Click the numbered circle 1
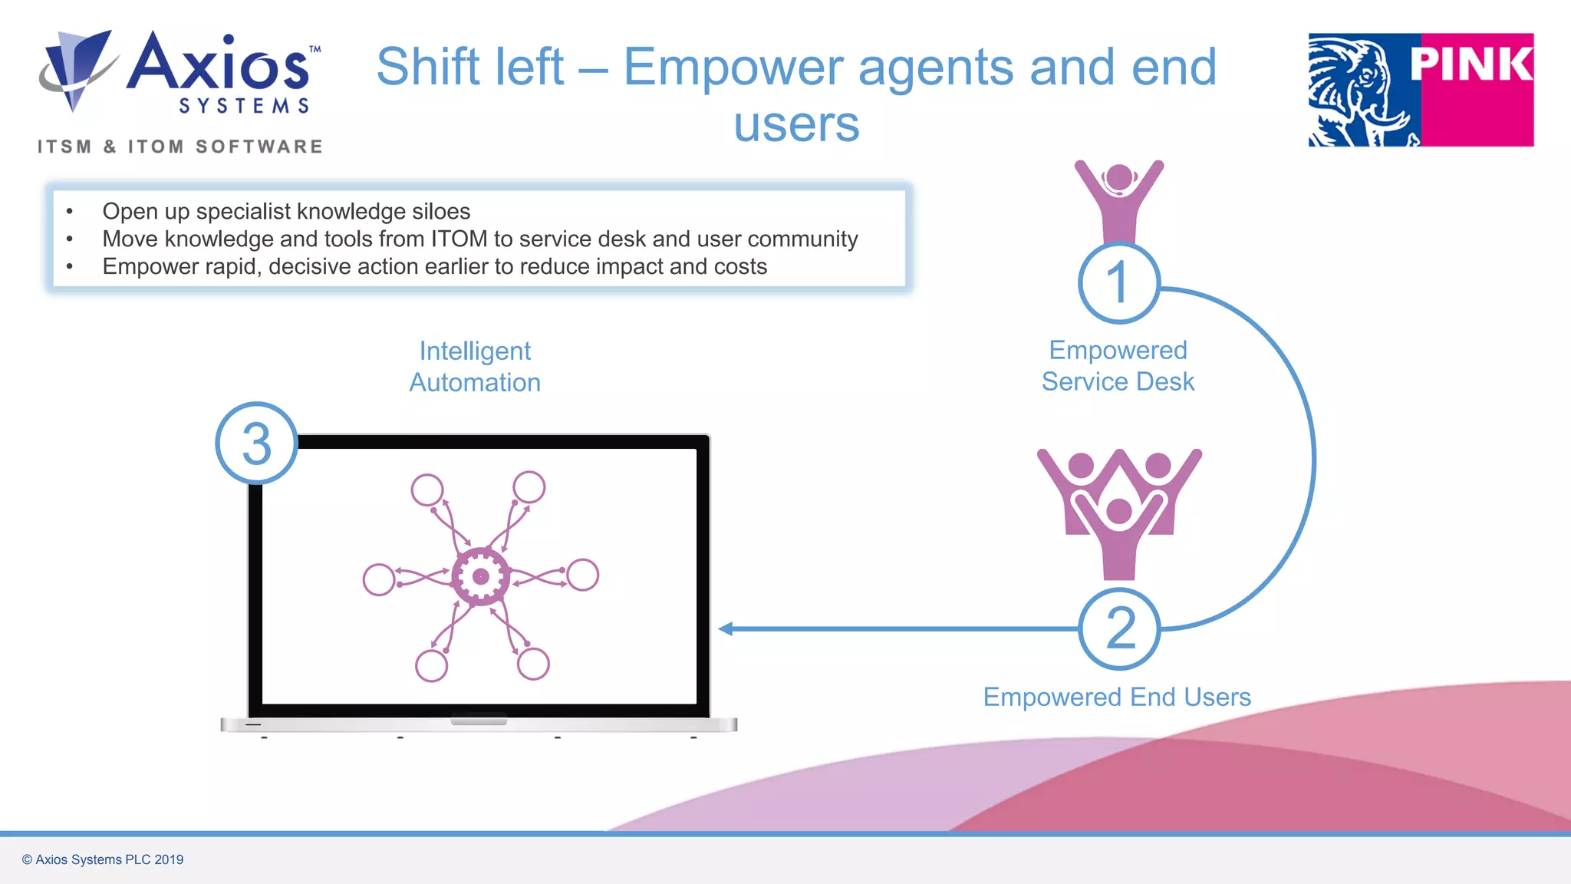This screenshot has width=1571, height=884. click(x=1118, y=282)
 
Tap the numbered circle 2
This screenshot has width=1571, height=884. click(x=1119, y=628)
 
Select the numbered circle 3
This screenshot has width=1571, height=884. click(x=256, y=444)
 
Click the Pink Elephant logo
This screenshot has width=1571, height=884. click(x=1421, y=90)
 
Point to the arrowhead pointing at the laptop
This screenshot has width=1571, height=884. click(x=726, y=628)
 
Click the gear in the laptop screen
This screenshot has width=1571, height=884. click(x=481, y=577)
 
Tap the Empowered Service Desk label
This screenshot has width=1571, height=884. click(x=1118, y=366)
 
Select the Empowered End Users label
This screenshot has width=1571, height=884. click(x=1117, y=697)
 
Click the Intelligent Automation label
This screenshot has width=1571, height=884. click(x=475, y=367)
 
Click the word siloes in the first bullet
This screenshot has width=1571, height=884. click(x=441, y=211)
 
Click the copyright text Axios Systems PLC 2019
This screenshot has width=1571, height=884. click(x=103, y=859)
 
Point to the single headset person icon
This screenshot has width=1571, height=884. click(x=1119, y=201)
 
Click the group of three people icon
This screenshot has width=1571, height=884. click(x=1119, y=512)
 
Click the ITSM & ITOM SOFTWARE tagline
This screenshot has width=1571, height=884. click(x=180, y=147)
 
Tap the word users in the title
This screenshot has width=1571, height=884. click(x=796, y=124)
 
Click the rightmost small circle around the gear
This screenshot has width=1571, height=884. click(x=583, y=575)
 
